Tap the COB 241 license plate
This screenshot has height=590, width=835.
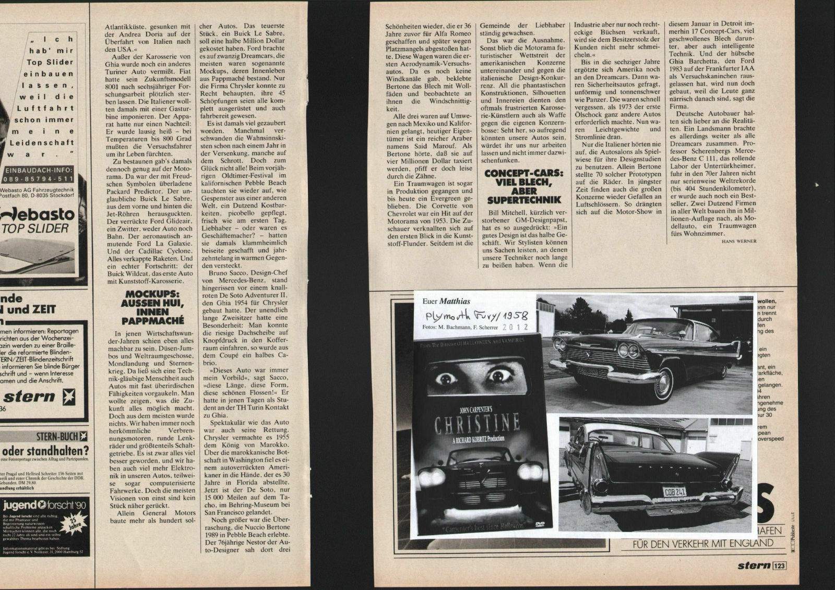click(x=675, y=490)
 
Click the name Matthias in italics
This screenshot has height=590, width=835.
click(x=455, y=301)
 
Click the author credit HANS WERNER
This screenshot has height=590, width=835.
click(x=738, y=241)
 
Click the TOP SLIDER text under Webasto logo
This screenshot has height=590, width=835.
click(x=34, y=228)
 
